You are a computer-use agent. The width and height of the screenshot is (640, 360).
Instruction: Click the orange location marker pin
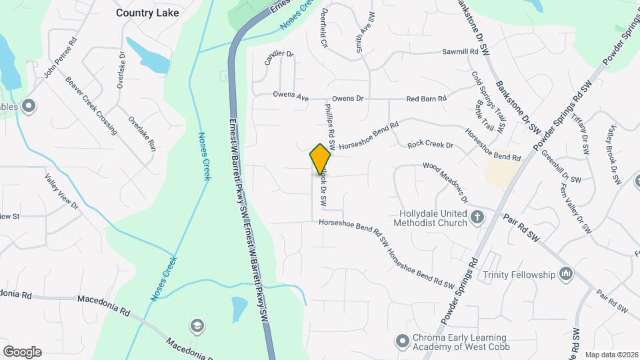321,159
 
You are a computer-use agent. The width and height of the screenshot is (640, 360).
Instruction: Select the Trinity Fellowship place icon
567,274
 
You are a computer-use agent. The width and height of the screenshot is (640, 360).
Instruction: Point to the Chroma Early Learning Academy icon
402,341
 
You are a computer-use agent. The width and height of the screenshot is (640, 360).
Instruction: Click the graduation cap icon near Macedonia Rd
197,325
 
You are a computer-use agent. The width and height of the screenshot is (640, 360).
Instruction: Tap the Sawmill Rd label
461,51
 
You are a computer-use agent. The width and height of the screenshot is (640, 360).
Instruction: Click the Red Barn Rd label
426,99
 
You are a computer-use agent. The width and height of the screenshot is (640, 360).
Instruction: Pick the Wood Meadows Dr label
445,181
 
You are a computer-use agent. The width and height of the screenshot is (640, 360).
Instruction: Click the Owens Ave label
291,96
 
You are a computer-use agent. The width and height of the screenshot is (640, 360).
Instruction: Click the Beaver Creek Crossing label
91,105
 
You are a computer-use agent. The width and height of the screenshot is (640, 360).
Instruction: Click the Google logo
22,352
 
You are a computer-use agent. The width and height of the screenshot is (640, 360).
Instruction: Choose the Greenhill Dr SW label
561,169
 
